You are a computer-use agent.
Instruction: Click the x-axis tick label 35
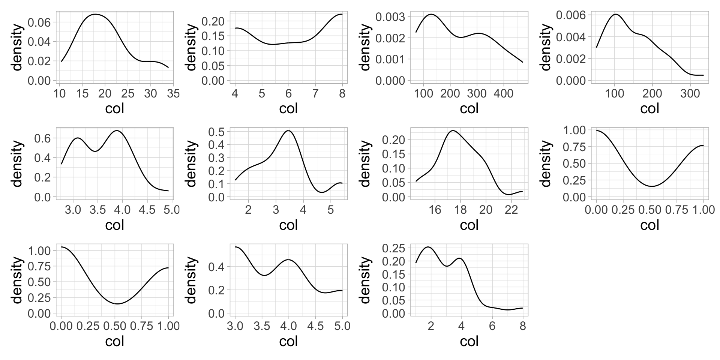pos(173,93)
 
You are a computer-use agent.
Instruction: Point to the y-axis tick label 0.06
pos(39,22)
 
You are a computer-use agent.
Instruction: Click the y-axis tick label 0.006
pos(571,15)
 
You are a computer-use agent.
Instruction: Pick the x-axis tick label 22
pos(511,210)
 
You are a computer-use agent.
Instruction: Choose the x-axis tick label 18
pos(460,210)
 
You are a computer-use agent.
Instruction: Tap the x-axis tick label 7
pos(315,93)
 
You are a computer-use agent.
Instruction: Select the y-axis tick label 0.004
pos(571,37)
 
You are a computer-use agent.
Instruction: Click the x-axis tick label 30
pos(151,93)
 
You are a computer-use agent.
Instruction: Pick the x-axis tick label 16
pos(435,210)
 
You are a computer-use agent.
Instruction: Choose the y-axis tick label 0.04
pos(39,42)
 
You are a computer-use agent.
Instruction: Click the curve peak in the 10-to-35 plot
pos(95,14)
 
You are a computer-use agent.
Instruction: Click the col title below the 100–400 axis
pos(469,109)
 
